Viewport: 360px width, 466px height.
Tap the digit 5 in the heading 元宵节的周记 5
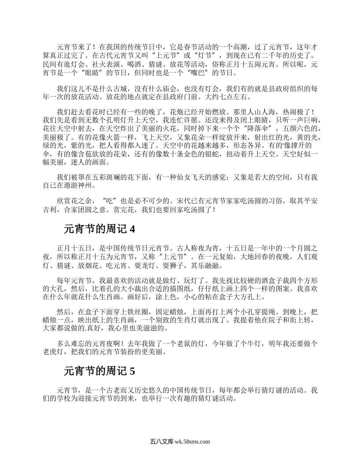[x=132, y=371]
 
